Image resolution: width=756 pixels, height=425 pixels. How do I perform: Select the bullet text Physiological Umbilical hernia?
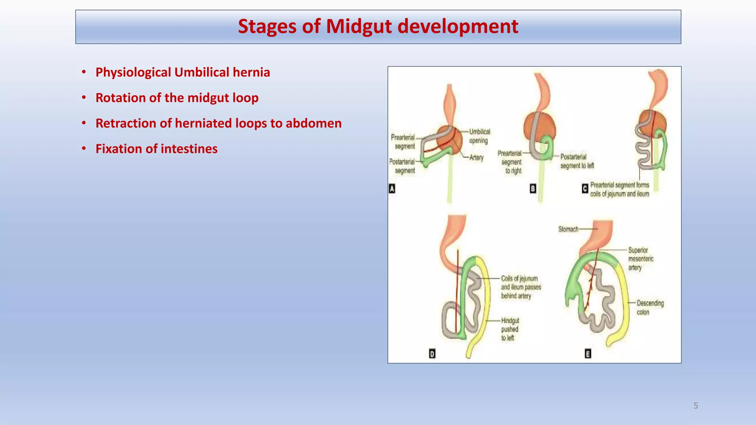tap(182, 72)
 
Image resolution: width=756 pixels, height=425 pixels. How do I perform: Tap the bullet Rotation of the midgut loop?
tap(177, 98)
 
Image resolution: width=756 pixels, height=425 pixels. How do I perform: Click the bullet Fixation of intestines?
tap(156, 149)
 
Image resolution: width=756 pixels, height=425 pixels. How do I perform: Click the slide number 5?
tap(695, 406)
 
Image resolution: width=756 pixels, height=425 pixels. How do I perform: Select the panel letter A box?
tap(392, 189)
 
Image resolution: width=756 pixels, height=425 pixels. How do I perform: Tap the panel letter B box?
tap(533, 189)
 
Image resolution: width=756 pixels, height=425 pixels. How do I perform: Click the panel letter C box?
tap(585, 189)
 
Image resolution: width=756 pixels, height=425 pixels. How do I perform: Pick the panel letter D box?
tap(432, 354)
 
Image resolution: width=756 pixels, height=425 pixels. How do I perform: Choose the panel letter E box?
tap(588, 354)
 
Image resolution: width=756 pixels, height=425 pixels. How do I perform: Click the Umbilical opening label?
tap(479, 136)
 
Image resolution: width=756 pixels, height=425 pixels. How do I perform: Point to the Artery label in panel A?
tap(476, 158)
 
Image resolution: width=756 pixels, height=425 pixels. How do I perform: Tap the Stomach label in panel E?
tap(568, 229)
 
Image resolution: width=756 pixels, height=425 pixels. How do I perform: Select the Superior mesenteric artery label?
tap(640, 259)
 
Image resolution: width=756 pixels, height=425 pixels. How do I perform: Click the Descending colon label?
tap(650, 308)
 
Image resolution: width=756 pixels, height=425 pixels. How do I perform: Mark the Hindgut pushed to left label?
tap(510, 329)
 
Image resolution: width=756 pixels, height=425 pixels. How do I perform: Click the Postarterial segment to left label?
tap(577, 161)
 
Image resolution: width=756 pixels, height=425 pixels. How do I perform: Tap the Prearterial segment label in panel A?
tap(403, 142)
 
